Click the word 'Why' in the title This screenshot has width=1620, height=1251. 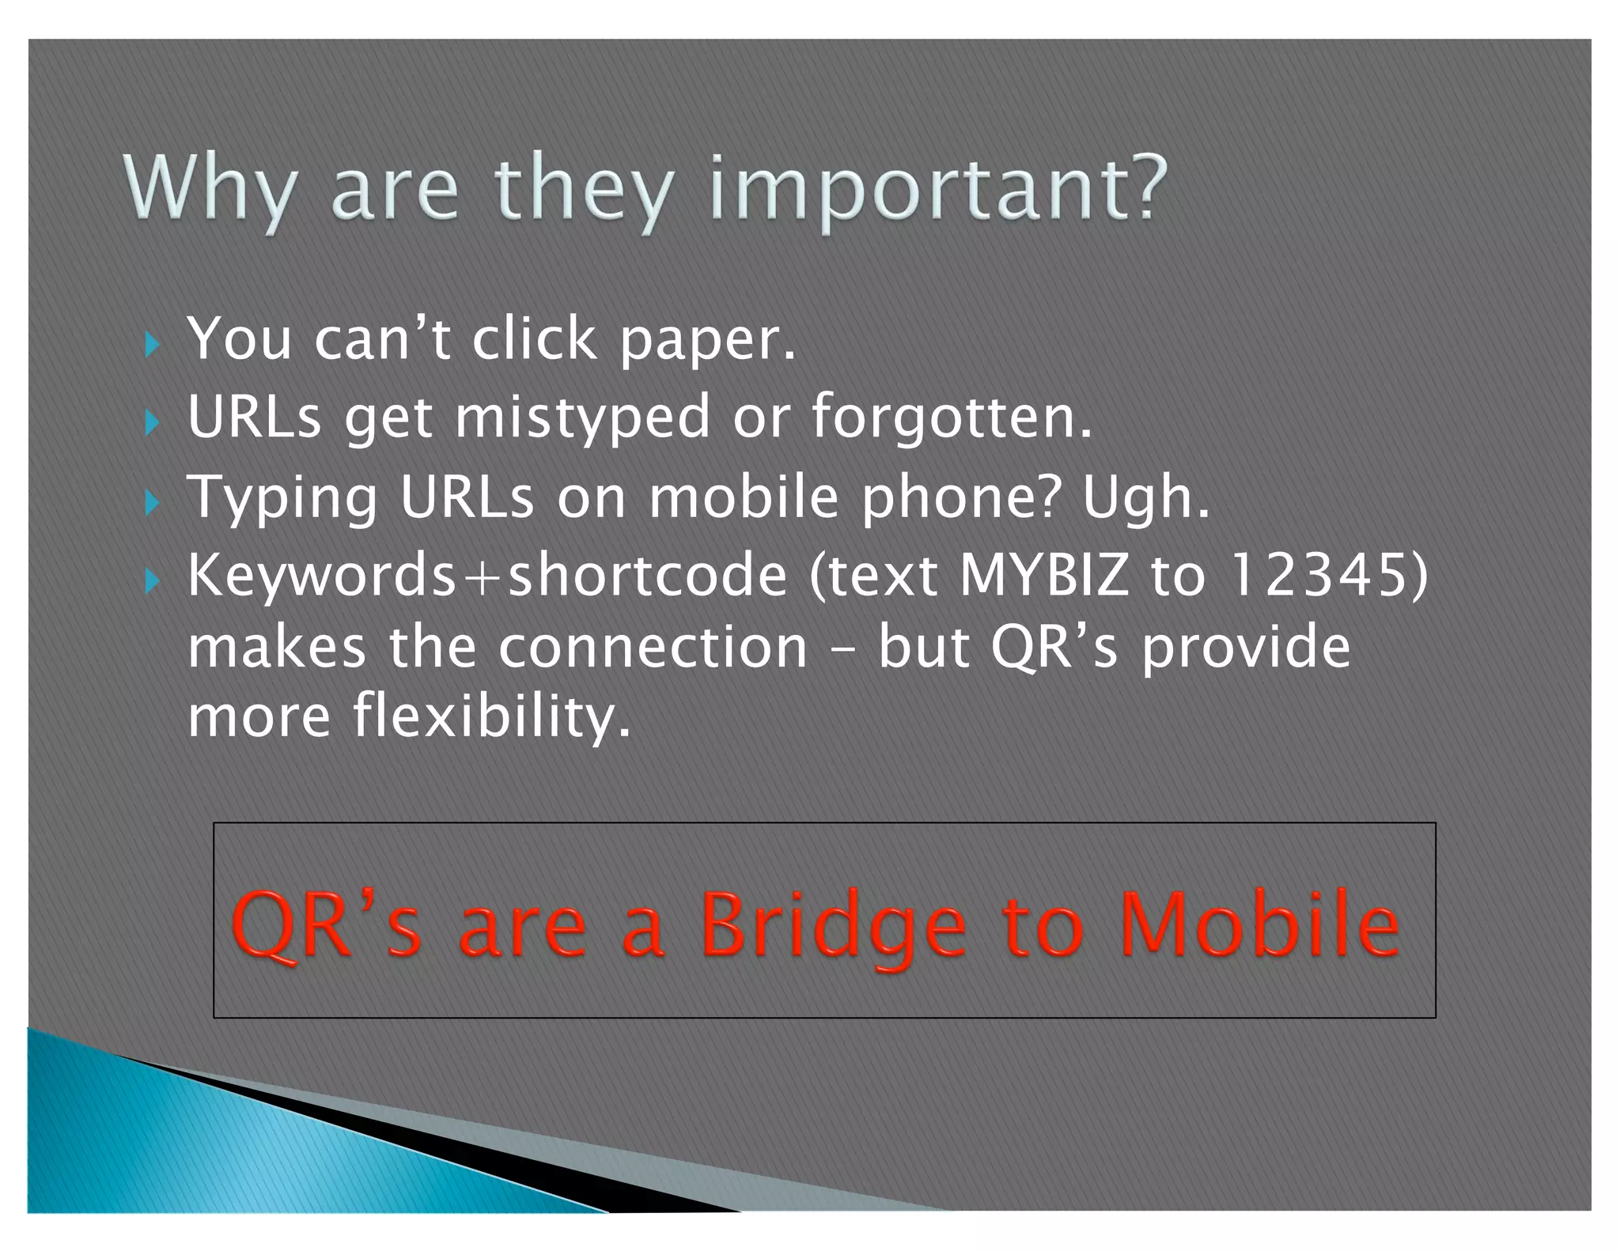pyautogui.click(x=210, y=190)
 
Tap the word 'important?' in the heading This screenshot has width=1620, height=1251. pyautogui.click(x=939, y=190)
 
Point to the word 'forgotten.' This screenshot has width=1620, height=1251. pyautogui.click(x=952, y=418)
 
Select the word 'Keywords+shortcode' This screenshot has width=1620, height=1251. pyautogui.click(x=487, y=576)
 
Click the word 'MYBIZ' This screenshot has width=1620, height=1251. pyautogui.click(x=1043, y=576)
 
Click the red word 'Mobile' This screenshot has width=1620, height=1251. pyautogui.click(x=1259, y=925)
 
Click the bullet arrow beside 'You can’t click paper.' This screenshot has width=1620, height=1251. pyautogui.click(x=153, y=345)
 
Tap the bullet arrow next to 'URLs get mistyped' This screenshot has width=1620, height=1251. pyautogui.click(x=153, y=423)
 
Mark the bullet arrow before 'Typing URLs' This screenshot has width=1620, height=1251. pyautogui.click(x=153, y=503)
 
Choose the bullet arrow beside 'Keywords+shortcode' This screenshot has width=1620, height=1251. pyautogui.click(x=153, y=582)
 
